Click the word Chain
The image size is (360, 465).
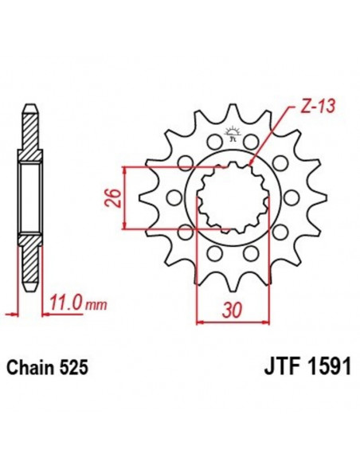coord(32,369)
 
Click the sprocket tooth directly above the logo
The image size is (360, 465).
coord(233,112)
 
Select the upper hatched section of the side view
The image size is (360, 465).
coord(29,127)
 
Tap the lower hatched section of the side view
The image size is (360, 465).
coord(29,263)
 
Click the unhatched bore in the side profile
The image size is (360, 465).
coord(29,195)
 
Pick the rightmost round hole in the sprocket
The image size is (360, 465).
coord(290,197)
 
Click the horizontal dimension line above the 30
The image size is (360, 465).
coord(231,322)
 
